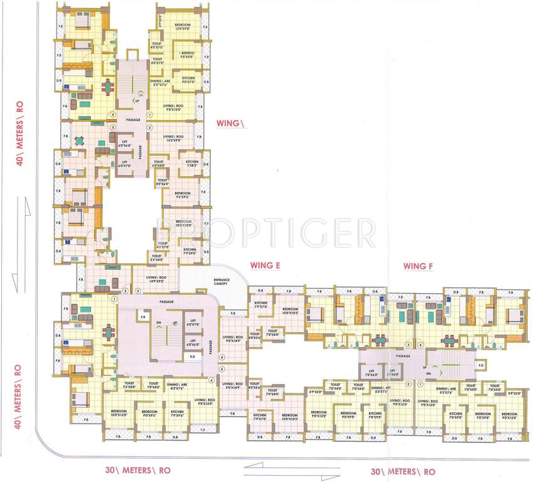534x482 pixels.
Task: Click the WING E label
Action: tap(264, 265)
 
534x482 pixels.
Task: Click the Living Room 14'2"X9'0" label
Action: tap(173, 139)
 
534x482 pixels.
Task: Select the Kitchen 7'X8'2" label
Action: tap(192, 164)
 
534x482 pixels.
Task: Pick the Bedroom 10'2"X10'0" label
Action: tap(183, 223)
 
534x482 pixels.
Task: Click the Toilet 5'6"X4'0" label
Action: tap(156, 257)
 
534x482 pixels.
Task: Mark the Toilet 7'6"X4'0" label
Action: tap(130, 385)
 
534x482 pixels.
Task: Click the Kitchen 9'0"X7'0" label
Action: tap(189, 80)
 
